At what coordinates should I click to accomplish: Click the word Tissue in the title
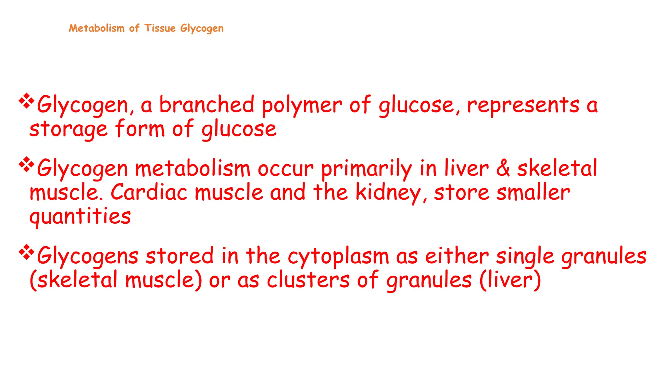(x=160, y=28)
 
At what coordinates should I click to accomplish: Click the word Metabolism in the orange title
(x=96, y=28)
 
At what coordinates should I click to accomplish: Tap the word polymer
(x=302, y=106)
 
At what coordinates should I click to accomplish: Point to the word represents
(x=523, y=106)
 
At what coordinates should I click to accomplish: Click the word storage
(x=68, y=130)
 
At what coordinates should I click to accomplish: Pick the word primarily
(x=366, y=169)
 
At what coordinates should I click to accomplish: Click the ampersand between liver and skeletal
(x=503, y=168)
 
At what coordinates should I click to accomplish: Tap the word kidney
(x=388, y=193)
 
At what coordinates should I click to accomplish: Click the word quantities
(x=80, y=217)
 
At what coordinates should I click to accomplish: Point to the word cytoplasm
(x=338, y=256)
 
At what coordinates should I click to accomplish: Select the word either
(x=457, y=256)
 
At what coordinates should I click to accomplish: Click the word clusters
(x=308, y=280)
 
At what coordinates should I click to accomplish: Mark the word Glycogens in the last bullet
(x=88, y=256)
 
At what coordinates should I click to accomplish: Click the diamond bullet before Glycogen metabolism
(x=27, y=165)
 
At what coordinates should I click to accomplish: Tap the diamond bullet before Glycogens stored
(x=27, y=253)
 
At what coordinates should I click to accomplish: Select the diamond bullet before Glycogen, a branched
(x=27, y=101)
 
